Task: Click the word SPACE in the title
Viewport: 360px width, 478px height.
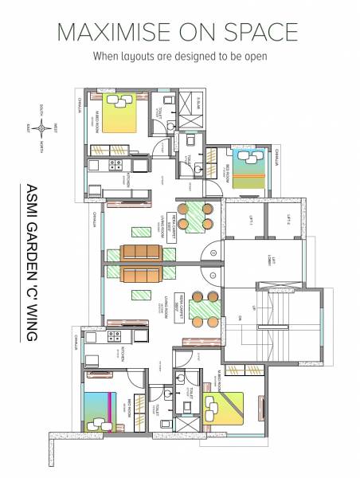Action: [x=267, y=32]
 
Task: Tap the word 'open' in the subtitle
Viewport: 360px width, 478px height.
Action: [x=254, y=57]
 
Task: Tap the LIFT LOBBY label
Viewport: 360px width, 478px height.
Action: [x=273, y=263]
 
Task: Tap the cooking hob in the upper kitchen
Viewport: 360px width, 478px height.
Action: [x=115, y=165]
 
